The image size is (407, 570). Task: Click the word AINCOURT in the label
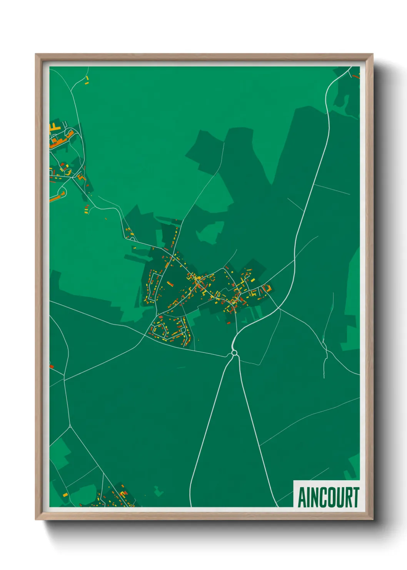tap(328, 497)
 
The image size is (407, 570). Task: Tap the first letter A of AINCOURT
tap(302, 497)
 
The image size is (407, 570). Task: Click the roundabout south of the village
tap(234, 352)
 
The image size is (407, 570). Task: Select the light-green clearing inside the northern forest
tap(211, 232)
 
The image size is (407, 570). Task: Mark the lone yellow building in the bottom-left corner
tap(65, 494)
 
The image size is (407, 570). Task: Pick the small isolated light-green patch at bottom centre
tap(158, 491)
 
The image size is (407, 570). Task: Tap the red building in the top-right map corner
tap(355, 76)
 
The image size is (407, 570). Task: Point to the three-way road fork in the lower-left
tap(70, 427)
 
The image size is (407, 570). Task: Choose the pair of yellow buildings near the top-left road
tap(87, 80)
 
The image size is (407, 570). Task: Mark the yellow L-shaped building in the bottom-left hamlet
tap(123, 493)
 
